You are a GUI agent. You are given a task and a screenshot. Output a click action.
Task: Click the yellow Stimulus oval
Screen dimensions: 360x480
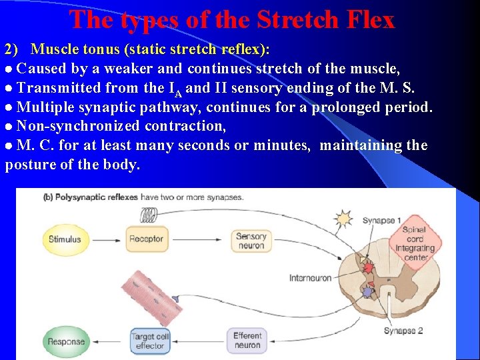tap(65, 239)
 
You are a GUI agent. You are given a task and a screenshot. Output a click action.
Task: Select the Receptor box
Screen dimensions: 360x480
tap(146, 239)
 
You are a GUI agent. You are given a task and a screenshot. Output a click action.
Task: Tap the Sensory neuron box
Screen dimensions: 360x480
tap(251, 241)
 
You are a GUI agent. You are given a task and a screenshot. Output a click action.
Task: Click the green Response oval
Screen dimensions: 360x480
tap(66, 341)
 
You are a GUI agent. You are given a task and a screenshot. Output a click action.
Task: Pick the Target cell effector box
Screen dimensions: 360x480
tap(150, 341)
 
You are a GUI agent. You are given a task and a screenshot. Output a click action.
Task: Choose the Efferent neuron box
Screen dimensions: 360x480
tap(247, 340)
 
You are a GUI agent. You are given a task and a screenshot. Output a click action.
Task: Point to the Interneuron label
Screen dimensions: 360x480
tap(310, 277)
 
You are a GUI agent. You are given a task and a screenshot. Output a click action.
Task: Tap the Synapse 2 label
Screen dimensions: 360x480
tap(403, 331)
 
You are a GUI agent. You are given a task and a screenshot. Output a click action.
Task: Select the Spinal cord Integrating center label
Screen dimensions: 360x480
tap(414, 244)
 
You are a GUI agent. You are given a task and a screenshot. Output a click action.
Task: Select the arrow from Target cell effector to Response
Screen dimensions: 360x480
tap(109, 341)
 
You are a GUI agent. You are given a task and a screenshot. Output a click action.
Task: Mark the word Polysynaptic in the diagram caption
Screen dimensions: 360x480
tap(84, 197)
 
